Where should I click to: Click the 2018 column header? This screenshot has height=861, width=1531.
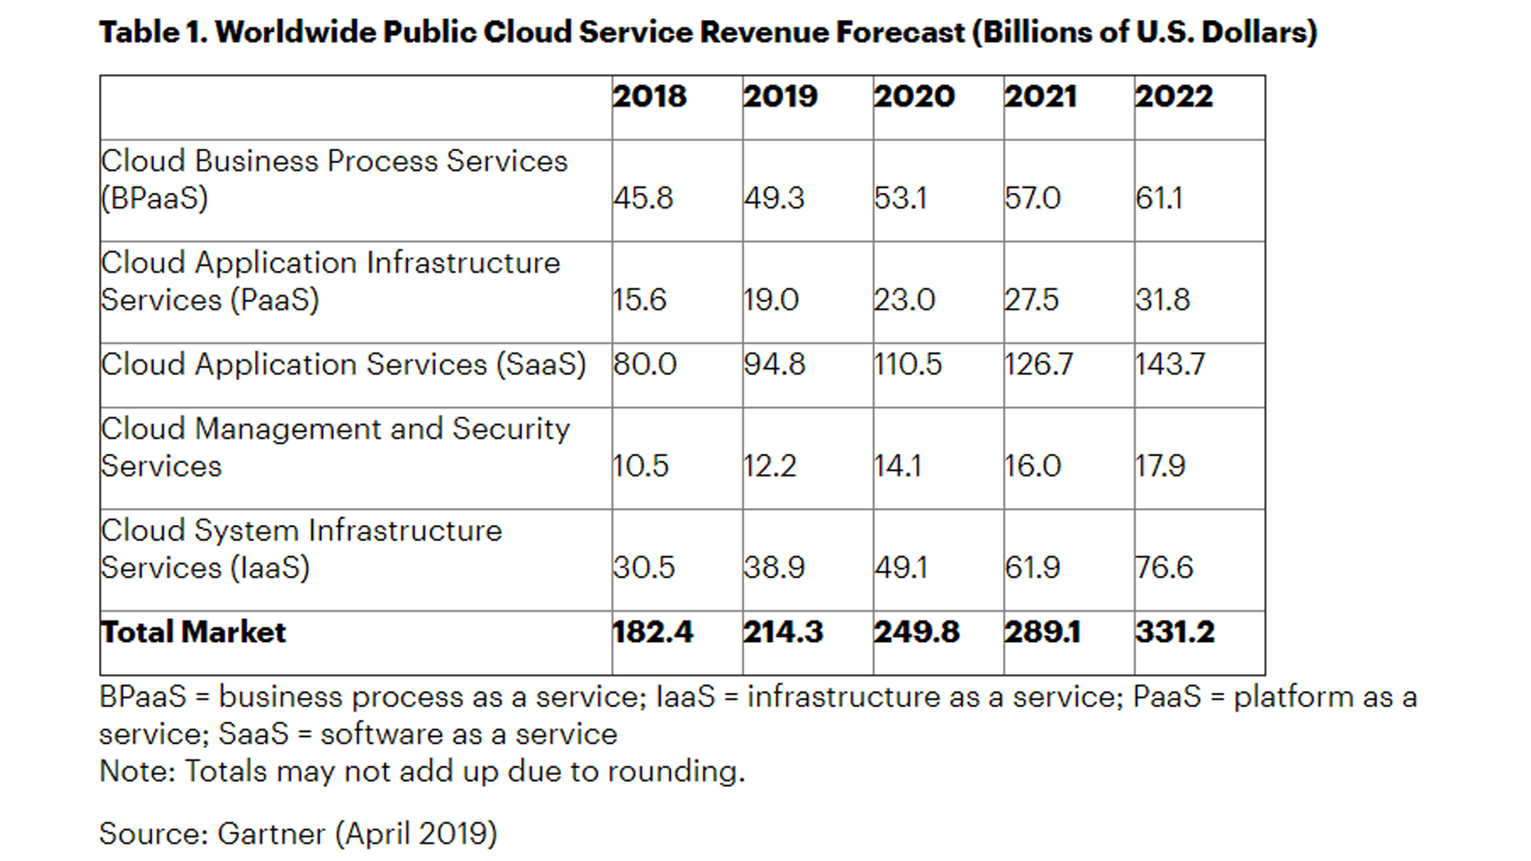pyautogui.click(x=650, y=96)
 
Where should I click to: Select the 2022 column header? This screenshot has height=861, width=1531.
pyautogui.click(x=1174, y=96)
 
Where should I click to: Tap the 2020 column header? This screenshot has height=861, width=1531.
pyautogui.click(x=914, y=96)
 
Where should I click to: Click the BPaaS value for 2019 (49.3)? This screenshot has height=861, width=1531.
pyautogui.click(x=774, y=198)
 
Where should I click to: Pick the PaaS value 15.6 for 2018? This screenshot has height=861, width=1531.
pyautogui.click(x=639, y=299)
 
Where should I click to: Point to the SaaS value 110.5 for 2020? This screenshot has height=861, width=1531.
pyautogui.click(x=908, y=364)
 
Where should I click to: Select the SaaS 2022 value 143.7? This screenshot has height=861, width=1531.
pyautogui.click(x=1170, y=364)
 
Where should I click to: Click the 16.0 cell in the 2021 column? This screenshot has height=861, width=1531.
pyautogui.click(x=1033, y=465)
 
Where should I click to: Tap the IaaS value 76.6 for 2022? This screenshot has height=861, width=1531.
pyautogui.click(x=1164, y=567)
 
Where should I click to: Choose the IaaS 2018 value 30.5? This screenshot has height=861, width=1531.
pyautogui.click(x=644, y=567)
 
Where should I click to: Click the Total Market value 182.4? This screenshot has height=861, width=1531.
pyautogui.click(x=653, y=632)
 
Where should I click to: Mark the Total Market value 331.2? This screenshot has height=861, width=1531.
pyautogui.click(x=1175, y=632)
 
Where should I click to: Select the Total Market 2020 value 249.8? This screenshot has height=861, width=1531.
pyautogui.click(x=917, y=632)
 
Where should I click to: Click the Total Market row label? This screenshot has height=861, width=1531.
pyautogui.click(x=193, y=632)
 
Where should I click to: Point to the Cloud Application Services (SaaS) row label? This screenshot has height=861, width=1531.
pyautogui.click(x=343, y=364)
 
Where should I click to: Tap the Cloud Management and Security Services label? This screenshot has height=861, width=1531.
pyautogui.click(x=336, y=447)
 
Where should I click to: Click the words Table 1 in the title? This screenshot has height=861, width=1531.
pyautogui.click(x=151, y=32)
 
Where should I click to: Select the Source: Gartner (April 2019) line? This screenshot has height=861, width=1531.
pyautogui.click(x=298, y=833)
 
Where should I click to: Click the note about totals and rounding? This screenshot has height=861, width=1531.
pyautogui.click(x=422, y=771)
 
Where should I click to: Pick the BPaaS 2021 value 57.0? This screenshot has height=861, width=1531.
pyautogui.click(x=1033, y=198)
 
